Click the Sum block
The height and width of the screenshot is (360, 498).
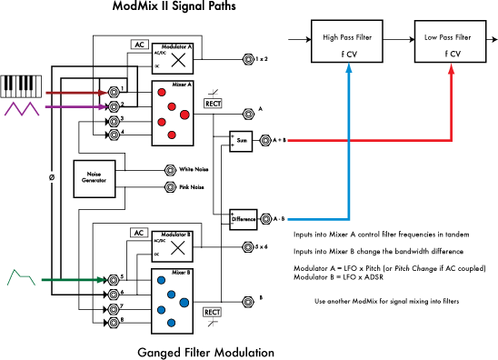pyautogui.click(x=242, y=141)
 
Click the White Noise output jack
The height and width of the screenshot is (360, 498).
pyautogui.click(x=169, y=169)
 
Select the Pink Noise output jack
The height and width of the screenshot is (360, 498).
pyautogui.click(x=169, y=187)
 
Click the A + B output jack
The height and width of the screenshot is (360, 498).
pyautogui.click(x=266, y=141)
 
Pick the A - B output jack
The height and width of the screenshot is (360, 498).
pyautogui.click(x=266, y=219)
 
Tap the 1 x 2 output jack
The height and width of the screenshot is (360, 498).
pyautogui.click(x=248, y=58)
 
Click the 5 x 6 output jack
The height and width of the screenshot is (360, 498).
pyautogui.click(x=248, y=245)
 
